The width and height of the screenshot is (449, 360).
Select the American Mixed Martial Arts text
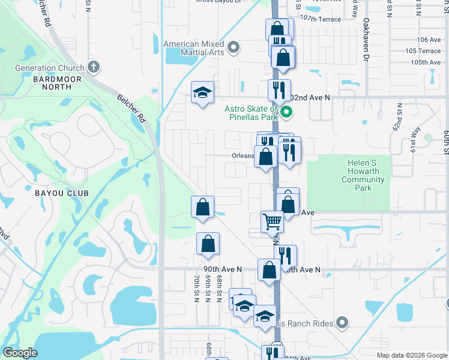194,49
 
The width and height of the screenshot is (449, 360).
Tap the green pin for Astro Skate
286,111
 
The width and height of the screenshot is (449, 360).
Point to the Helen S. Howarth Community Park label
365,175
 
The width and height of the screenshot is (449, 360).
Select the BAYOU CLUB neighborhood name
61,193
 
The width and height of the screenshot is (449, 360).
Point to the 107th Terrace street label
321,19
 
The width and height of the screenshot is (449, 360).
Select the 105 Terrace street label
423,51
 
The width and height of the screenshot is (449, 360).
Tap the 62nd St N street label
399,118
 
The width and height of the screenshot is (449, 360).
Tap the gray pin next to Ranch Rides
343,323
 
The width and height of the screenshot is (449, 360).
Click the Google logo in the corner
20,353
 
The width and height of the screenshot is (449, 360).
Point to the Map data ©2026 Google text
411,355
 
